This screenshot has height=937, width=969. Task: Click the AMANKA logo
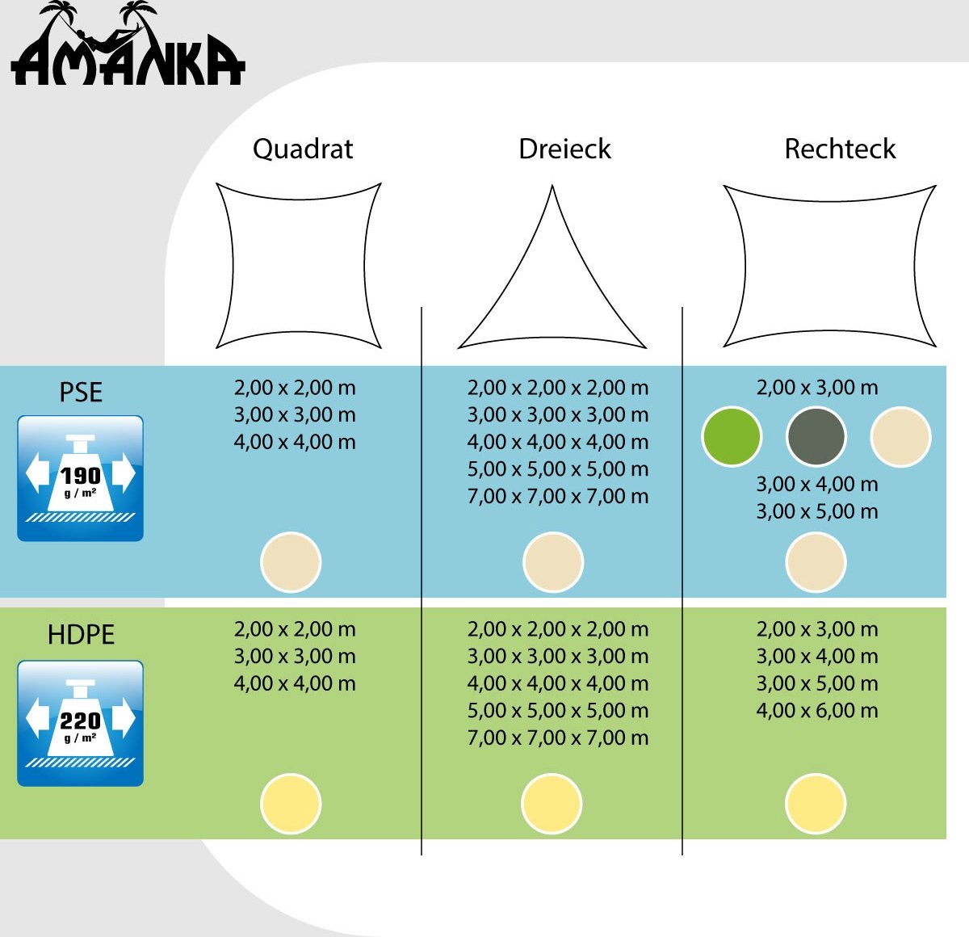click(x=128, y=44)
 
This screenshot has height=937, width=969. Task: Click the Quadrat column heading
click(x=303, y=149)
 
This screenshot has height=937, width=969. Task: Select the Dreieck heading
click(x=564, y=149)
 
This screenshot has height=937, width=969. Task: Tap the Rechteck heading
click(x=840, y=149)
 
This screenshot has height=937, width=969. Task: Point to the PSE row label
click(x=81, y=392)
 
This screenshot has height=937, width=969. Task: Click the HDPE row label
click(x=81, y=634)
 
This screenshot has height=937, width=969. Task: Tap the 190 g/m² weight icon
click(x=81, y=478)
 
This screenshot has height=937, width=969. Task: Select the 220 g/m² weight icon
click(x=81, y=723)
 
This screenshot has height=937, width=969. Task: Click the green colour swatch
click(x=732, y=437)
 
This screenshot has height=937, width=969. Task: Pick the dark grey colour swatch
click(x=816, y=437)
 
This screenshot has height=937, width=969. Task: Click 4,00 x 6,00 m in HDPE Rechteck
click(x=816, y=710)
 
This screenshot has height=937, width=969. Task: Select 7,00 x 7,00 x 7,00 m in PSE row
click(x=558, y=496)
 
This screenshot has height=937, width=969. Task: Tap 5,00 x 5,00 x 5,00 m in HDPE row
click(x=558, y=710)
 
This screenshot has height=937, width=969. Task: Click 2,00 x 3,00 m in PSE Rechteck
click(x=816, y=388)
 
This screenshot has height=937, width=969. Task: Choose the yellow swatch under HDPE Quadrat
click(x=291, y=804)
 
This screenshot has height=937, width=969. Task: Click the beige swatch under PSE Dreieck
click(x=552, y=562)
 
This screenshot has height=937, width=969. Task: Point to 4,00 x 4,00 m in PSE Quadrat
click(x=295, y=442)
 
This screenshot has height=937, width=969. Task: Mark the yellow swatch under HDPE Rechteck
click(x=816, y=804)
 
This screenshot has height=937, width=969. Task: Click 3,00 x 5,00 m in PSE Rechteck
click(x=816, y=511)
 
